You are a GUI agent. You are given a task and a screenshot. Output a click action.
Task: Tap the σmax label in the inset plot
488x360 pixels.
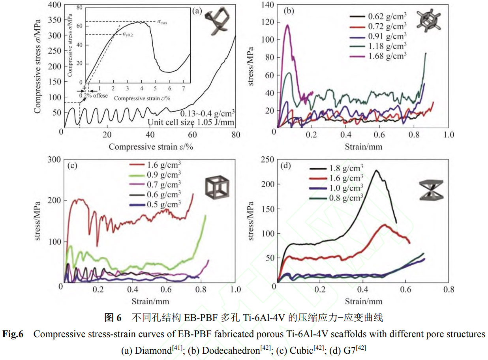[162, 22]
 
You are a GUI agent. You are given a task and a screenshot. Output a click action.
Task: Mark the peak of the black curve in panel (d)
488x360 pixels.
[376, 170]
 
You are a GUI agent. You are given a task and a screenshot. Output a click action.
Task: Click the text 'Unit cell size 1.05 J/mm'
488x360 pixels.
[191, 122]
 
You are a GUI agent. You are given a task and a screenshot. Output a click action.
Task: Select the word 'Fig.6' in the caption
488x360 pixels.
[13, 334]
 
